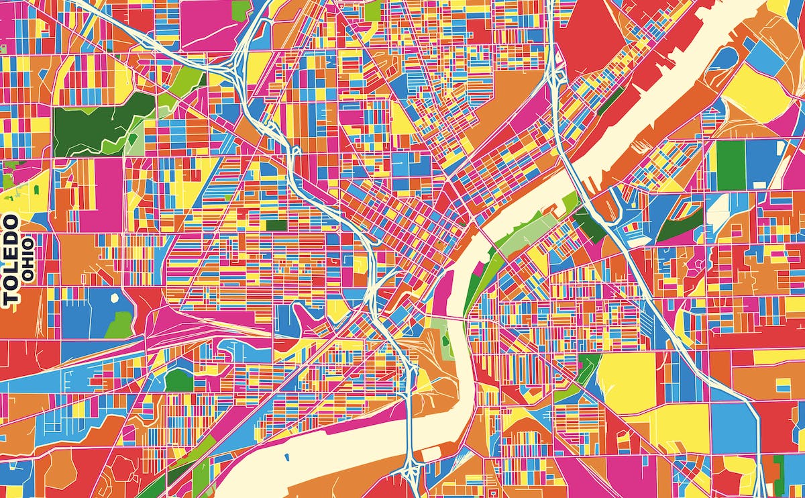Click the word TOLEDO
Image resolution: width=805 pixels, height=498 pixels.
click(10, 260)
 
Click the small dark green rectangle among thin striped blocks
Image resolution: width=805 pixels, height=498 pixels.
click(276, 226)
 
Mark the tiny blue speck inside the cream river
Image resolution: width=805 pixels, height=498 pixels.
click(286, 459)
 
